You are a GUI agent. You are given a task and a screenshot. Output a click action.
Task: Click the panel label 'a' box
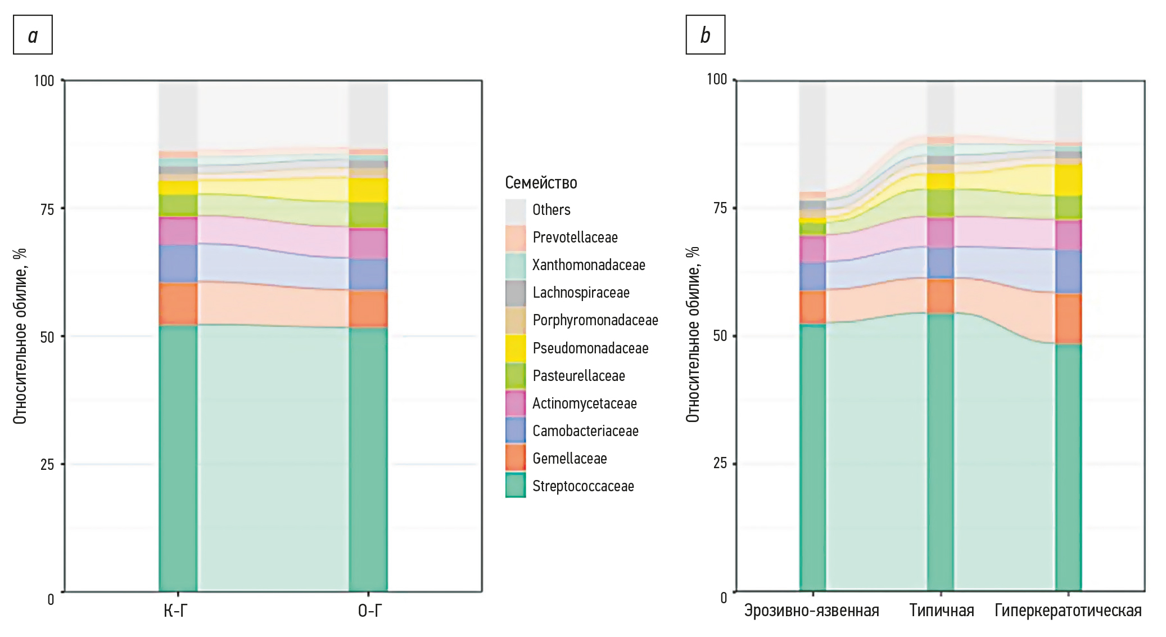(33, 35)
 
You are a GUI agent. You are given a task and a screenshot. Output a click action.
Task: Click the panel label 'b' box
(705, 35)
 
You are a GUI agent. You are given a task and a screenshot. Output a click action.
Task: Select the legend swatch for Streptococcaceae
(516, 485)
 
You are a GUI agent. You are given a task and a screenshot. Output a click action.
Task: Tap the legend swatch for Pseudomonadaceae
(516, 348)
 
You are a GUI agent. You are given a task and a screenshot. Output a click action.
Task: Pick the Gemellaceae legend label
(570, 459)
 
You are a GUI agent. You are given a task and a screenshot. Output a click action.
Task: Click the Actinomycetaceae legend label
(584, 403)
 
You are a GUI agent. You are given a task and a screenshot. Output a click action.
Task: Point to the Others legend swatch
(516, 210)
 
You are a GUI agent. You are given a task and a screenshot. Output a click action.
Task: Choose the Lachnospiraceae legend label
(581, 293)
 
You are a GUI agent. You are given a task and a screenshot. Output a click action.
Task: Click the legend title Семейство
(541, 183)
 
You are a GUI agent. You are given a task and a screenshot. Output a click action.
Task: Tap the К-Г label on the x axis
(175, 611)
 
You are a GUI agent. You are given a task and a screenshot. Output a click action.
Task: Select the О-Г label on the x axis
(369, 611)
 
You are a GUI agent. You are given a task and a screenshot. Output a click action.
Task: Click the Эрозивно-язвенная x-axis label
(811, 611)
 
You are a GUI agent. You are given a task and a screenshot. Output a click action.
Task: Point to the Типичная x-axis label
(942, 611)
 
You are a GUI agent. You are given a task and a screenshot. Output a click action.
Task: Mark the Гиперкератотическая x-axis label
(1068, 611)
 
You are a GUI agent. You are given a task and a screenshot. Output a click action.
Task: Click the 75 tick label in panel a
(47, 209)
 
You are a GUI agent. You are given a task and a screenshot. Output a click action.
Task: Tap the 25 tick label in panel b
(720, 463)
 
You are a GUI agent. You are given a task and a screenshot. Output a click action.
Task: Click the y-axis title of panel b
(693, 335)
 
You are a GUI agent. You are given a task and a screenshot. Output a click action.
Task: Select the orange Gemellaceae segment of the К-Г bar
(178, 304)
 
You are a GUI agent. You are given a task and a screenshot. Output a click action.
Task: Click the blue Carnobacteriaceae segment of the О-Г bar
(368, 275)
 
